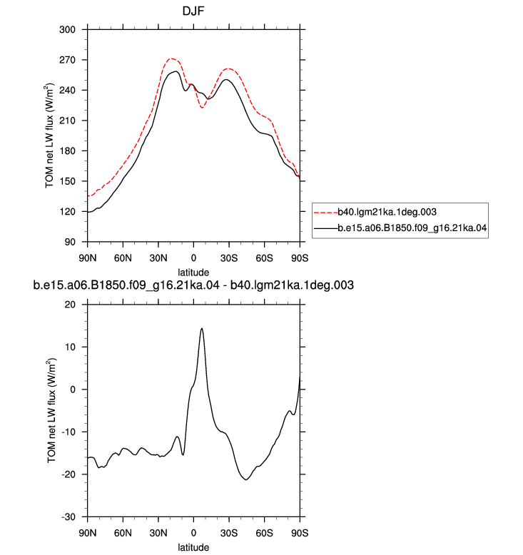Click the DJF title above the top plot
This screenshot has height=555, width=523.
pos(193,11)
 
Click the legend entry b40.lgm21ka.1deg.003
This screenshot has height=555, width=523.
pos(387,212)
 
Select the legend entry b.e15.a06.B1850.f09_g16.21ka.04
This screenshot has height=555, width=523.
pos(412,228)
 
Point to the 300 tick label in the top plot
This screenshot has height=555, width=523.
pos(67,29)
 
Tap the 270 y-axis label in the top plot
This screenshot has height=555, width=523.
pos(67,60)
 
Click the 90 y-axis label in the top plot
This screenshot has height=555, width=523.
pos(70,242)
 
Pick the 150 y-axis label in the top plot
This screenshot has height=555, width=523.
pos(67,181)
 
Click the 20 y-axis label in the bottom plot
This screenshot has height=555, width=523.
pos(70,305)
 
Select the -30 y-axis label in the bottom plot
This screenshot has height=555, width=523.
pos(68,516)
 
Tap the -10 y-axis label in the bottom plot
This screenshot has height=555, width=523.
pos(68,432)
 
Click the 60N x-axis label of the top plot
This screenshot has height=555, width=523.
pos(123,258)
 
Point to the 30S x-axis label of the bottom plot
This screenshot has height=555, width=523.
pos(229,533)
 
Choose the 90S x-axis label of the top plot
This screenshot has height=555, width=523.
pos(300,258)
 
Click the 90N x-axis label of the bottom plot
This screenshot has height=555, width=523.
pos(88,533)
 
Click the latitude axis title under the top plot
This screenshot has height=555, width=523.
pos(193,273)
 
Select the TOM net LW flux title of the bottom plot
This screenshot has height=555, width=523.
pos(51,410)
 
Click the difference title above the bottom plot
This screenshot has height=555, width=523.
pos(193,285)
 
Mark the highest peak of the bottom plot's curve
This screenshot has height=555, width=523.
pos(202,328)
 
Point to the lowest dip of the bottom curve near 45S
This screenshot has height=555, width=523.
pos(245,479)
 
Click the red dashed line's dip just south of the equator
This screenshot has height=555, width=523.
pos(202,107)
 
